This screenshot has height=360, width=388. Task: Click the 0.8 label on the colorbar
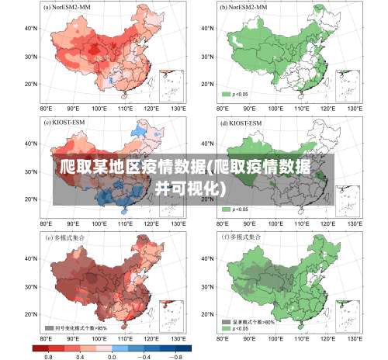pyautogui.click(x=48, y=355)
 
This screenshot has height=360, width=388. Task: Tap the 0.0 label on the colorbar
pyautogui.click(x=111, y=355)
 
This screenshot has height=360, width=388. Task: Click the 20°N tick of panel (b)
pyautogui.click(x=208, y=84)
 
